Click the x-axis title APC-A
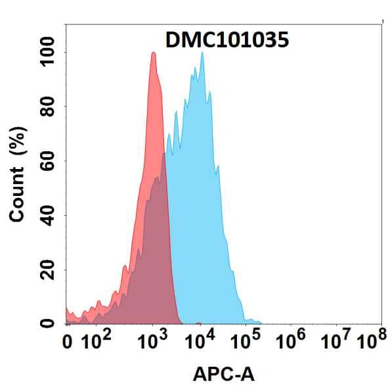(224, 375)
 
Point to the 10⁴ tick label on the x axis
(200, 341)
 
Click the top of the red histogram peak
(153, 53)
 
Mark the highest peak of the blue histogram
(202, 53)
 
